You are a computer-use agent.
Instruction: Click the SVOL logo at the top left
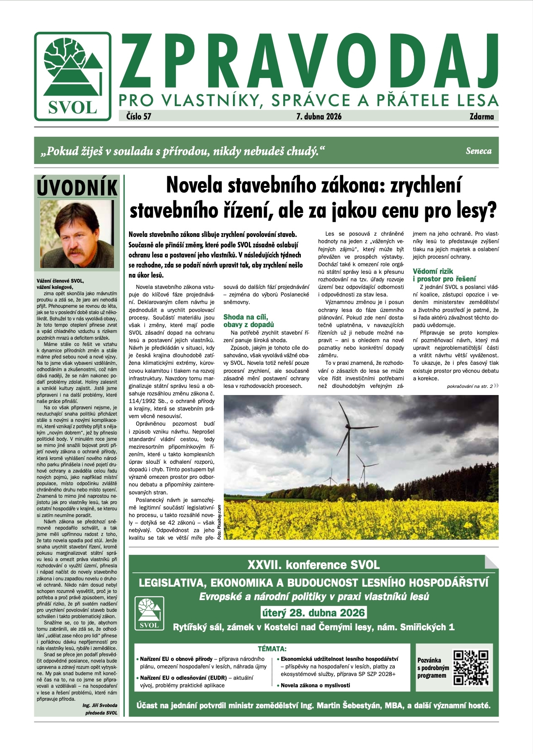pyautogui.click(x=73, y=76)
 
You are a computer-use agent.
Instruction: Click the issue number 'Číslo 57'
pyautogui.click(x=139, y=117)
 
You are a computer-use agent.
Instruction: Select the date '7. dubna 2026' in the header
pyautogui.click(x=319, y=117)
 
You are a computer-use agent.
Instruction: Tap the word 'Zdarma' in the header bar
pyautogui.click(x=481, y=117)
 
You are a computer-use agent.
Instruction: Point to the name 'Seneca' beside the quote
pyautogui.click(x=479, y=151)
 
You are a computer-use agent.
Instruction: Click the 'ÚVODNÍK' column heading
pyautogui.click(x=77, y=187)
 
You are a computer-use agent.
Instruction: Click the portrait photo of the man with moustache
pyautogui.click(x=77, y=234)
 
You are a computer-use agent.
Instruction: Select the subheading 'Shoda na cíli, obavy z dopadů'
pyautogui.click(x=248, y=321)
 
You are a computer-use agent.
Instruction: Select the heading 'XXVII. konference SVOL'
pyautogui.click(x=313, y=565)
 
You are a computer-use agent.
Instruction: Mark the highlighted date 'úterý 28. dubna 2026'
pyautogui.click(x=313, y=613)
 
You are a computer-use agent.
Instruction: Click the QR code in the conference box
pyautogui.click(x=471, y=667)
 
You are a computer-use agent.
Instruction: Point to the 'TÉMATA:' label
pyautogui.click(x=272, y=649)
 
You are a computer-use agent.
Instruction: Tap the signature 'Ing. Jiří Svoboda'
pyautogui.click(x=100, y=705)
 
